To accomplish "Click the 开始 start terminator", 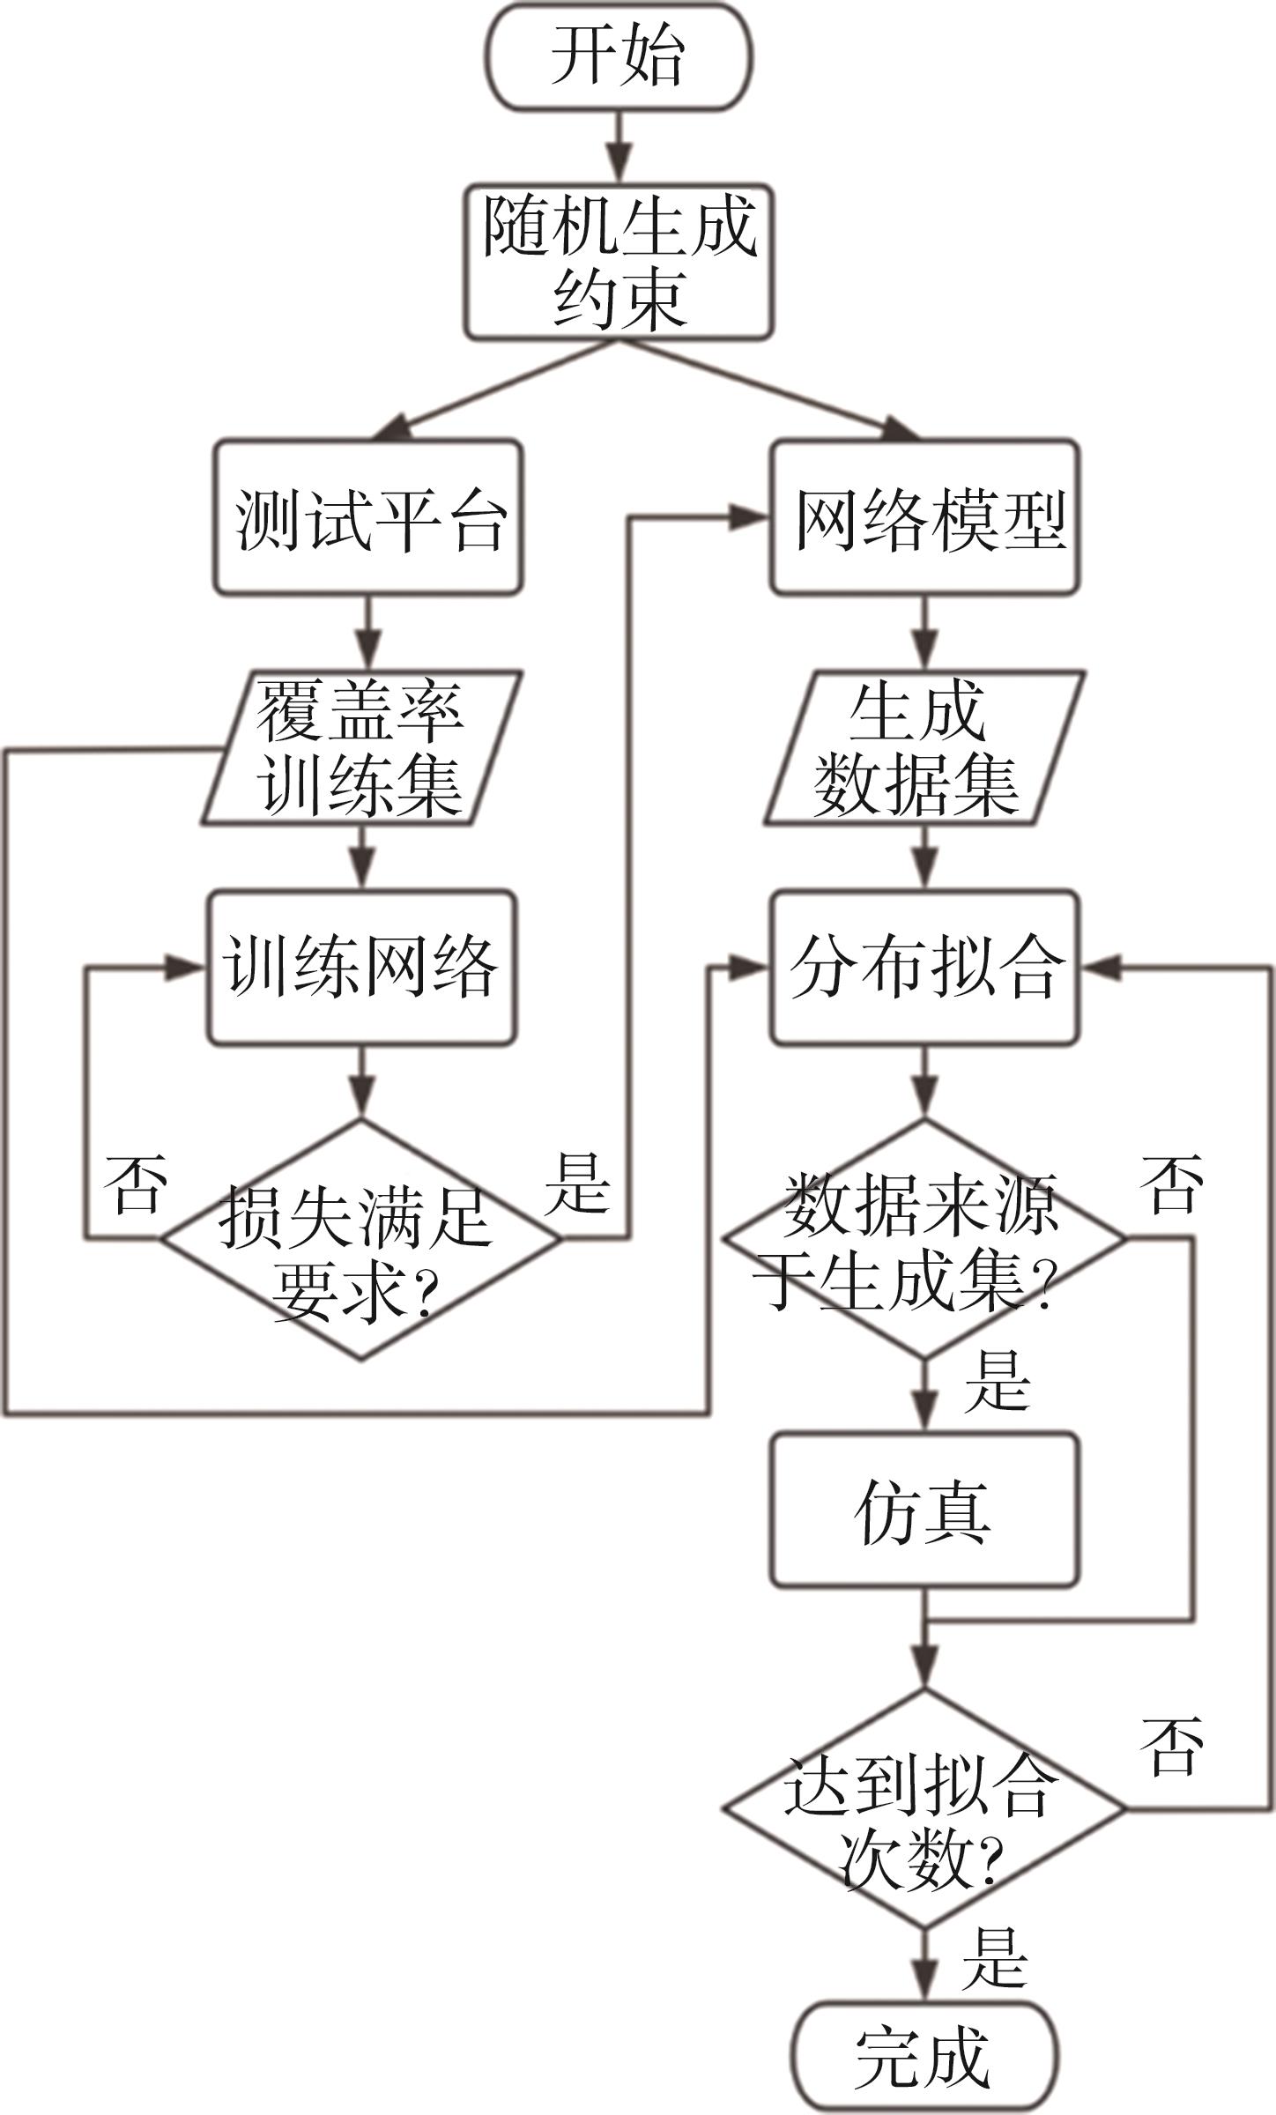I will pyautogui.click(x=619, y=56).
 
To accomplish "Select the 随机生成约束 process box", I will pyautogui.click(x=619, y=263).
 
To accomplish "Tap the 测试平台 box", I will pyautogui.click(x=368, y=517).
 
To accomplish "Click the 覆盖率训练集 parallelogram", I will pyautogui.click(x=361, y=747).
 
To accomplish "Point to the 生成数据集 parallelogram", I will pyautogui.click(x=924, y=747).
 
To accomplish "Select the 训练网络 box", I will pyautogui.click(x=361, y=967).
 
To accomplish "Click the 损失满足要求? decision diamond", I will pyautogui.click(x=360, y=1239).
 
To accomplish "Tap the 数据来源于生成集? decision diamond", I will pyautogui.click(x=924, y=1239).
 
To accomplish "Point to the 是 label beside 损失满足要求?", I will pyautogui.click(x=578, y=1184).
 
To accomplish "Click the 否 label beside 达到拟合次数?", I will pyautogui.click(x=1172, y=1745).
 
